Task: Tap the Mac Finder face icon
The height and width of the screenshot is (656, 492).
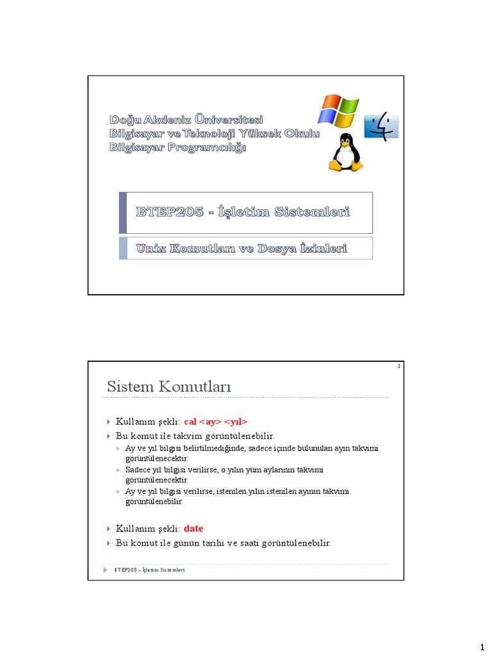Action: point(381,126)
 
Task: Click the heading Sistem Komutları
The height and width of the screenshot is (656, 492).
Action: point(168,387)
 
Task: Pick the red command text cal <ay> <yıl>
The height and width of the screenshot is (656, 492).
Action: point(215,422)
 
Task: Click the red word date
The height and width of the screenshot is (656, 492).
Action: point(193,529)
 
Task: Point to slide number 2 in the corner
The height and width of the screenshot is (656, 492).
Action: point(398,366)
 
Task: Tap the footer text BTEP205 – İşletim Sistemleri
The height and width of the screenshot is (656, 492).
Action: point(149,570)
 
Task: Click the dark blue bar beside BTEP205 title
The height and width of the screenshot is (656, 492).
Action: point(123,213)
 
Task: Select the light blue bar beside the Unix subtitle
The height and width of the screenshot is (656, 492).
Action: point(123,248)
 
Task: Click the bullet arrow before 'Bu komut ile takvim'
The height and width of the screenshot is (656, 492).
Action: point(109,436)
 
